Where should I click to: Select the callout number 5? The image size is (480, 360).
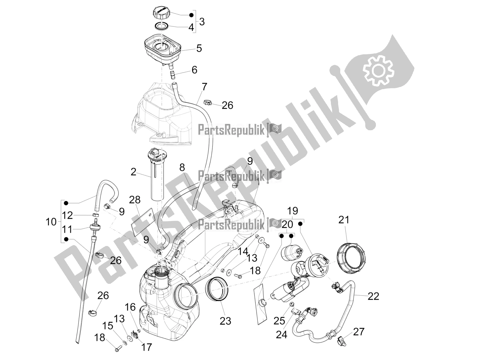pyautogui.click(x=199, y=48)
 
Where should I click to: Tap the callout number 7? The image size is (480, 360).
pyautogui.click(x=204, y=87)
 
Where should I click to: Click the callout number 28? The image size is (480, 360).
pyautogui.click(x=135, y=200)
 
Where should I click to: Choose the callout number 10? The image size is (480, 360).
pyautogui.click(x=51, y=222)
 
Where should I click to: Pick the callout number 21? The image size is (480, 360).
pyautogui.click(x=344, y=220)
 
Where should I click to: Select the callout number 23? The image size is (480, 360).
pyautogui.click(x=226, y=321)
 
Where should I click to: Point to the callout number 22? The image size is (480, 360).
pyautogui.click(x=373, y=296)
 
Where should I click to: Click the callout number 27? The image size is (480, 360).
pyautogui.click(x=358, y=331)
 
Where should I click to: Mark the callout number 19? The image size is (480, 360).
pyautogui.click(x=293, y=211)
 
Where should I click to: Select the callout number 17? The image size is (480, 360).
pyautogui.click(x=146, y=347)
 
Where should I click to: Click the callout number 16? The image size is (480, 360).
pyautogui.click(x=130, y=307)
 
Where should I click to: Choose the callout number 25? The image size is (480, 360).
pyautogui.click(x=279, y=321)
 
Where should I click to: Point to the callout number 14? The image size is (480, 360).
pyautogui.click(x=243, y=252)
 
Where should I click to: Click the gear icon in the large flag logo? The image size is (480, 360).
pyautogui.click(x=377, y=70)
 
